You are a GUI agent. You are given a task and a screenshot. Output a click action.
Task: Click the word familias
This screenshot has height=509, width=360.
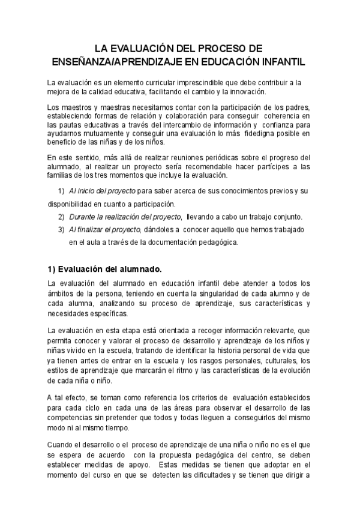point(63,175)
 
